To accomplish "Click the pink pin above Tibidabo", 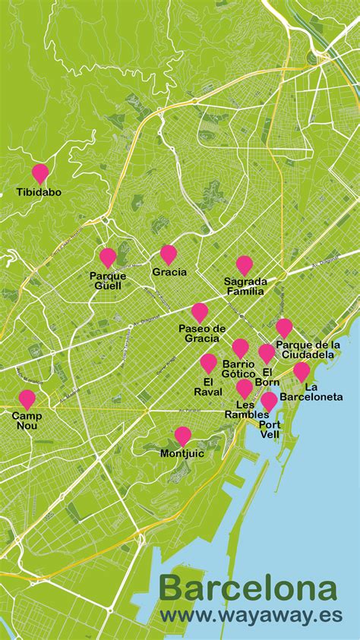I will point(39,173).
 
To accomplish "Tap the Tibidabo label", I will point(39,192).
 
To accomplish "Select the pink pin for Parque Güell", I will point(108,257).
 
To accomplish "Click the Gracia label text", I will point(169,272).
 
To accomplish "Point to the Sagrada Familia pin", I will point(244,264).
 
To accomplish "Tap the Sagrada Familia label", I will point(245,285).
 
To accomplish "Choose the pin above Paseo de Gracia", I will point(200,311).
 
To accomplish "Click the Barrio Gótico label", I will point(238,369).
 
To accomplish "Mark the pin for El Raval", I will point(209,362).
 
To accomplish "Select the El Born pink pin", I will point(267,352).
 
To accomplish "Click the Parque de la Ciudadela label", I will point(307,349).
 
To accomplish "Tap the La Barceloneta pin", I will point(302,371).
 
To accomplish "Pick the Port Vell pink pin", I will point(269,400).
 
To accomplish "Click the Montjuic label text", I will point(183,453).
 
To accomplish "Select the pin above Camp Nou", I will point(27,399).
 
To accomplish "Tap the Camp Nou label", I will point(27,421).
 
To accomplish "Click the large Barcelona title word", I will point(248,590).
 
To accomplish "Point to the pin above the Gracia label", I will point(169,254).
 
